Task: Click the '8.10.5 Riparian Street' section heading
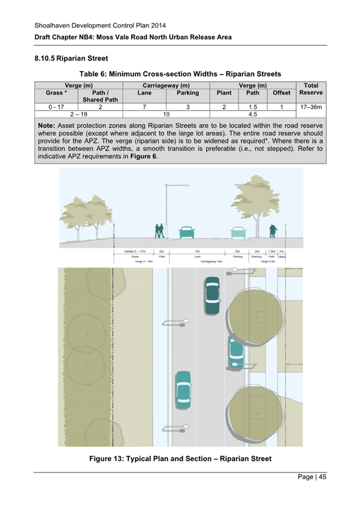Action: (x=71, y=59)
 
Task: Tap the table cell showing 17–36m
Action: (x=311, y=106)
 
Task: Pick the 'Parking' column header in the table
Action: (x=188, y=94)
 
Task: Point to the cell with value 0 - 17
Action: (x=56, y=106)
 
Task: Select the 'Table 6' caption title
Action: (x=180, y=74)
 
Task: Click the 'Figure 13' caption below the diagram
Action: (x=180, y=459)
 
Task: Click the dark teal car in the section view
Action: (x=188, y=232)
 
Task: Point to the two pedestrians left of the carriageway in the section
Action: (x=159, y=231)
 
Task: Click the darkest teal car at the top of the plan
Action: (x=212, y=296)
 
